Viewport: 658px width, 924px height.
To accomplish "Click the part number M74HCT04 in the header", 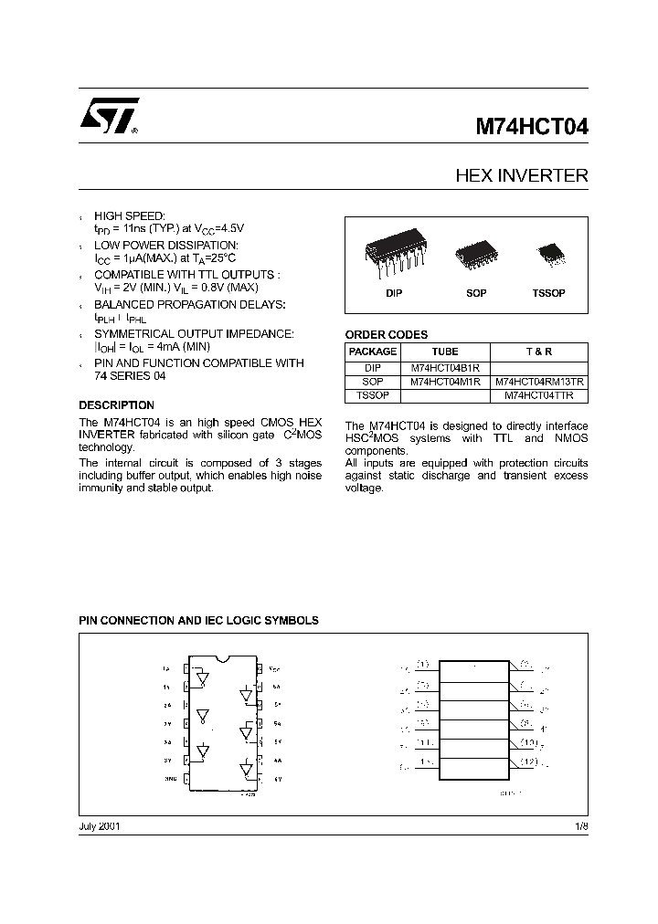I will click(531, 128).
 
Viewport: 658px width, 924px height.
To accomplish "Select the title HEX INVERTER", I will click(522, 175).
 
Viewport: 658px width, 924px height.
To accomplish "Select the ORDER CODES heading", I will click(386, 334).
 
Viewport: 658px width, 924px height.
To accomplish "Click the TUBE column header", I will click(445, 352).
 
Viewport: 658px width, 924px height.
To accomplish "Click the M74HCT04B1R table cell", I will click(445, 368).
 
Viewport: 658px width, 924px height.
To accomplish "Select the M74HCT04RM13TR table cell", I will click(540, 383).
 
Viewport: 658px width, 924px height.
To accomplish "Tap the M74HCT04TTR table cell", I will click(540, 396).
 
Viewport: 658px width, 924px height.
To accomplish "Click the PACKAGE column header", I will click(373, 352).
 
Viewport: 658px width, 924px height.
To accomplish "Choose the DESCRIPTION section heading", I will click(116, 404).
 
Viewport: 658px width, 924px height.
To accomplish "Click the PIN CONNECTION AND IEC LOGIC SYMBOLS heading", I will click(198, 620).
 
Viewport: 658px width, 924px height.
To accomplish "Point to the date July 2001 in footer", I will click(100, 825).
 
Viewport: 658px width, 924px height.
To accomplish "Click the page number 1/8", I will click(580, 825).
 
